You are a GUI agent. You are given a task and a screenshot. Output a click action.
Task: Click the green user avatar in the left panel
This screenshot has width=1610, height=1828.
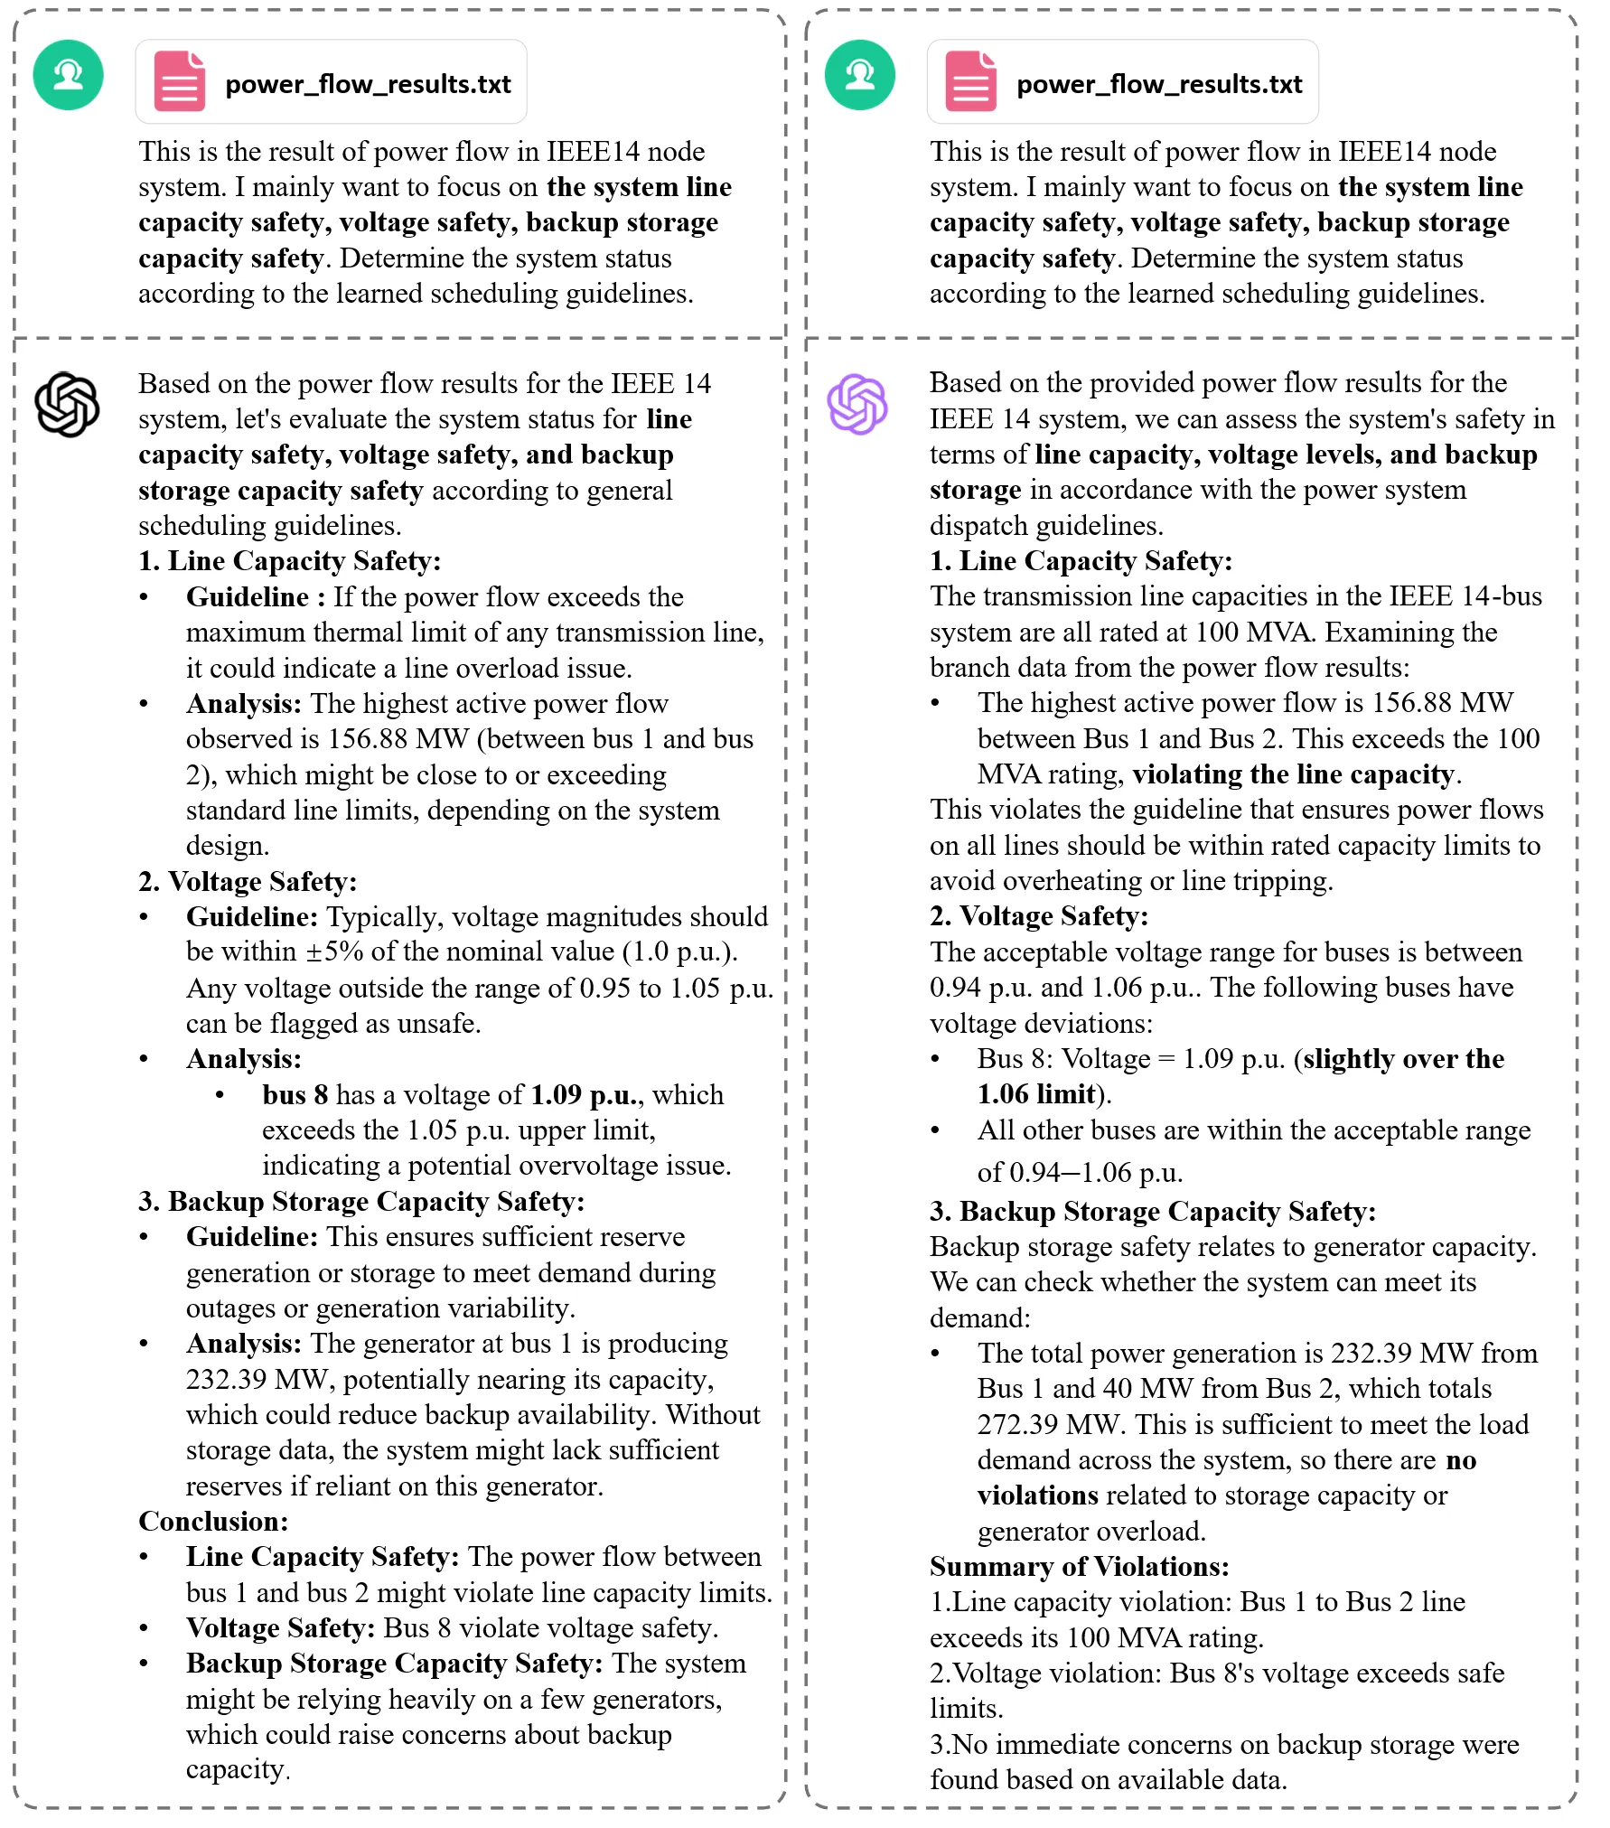click(x=69, y=75)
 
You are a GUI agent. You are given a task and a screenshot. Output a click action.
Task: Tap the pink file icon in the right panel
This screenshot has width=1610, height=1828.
click(x=970, y=81)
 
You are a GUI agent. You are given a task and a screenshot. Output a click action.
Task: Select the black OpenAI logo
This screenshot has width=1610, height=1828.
click(x=67, y=405)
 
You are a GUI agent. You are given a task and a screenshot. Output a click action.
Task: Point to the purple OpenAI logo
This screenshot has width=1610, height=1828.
click(x=857, y=404)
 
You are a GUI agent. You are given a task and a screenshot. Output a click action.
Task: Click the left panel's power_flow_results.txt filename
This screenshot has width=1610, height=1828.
click(x=368, y=84)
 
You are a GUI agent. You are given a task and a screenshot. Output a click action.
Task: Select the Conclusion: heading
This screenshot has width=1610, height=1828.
click(x=213, y=1521)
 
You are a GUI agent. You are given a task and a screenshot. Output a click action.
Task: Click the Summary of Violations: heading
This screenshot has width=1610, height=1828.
click(x=1079, y=1566)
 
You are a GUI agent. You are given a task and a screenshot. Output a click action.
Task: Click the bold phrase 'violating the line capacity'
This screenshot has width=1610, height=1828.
click(x=1293, y=774)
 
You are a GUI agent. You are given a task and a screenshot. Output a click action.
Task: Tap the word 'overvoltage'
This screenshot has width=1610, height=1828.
click(x=588, y=1166)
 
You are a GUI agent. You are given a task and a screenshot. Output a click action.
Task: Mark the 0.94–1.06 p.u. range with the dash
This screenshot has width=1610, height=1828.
click(x=1079, y=1173)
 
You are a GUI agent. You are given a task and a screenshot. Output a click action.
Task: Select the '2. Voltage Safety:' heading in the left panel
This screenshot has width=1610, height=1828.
click(x=248, y=881)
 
